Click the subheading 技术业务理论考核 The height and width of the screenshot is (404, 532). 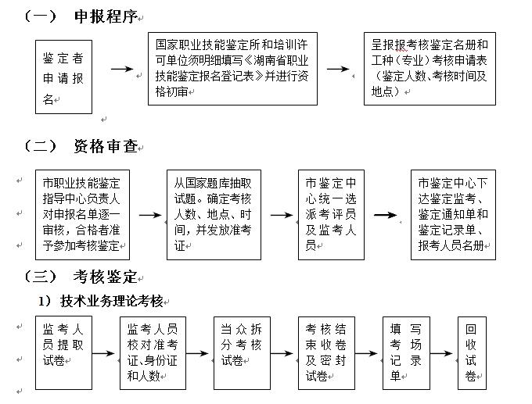pyautogui.click(x=110, y=301)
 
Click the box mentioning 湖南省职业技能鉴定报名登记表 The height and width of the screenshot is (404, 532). pyautogui.click(x=232, y=69)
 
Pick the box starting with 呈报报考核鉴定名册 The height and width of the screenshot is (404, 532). pyautogui.click(x=430, y=69)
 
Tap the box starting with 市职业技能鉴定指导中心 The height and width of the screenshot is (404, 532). pyautogui.click(x=83, y=214)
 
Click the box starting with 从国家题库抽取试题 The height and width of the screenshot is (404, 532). pyautogui.click(x=213, y=214)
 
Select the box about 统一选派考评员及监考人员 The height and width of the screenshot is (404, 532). pyautogui.click(x=331, y=214)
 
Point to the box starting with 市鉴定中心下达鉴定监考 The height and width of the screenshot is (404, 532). pyautogui.click(x=453, y=214)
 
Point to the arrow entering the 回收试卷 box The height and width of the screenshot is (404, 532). pyautogui.click(x=443, y=353)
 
